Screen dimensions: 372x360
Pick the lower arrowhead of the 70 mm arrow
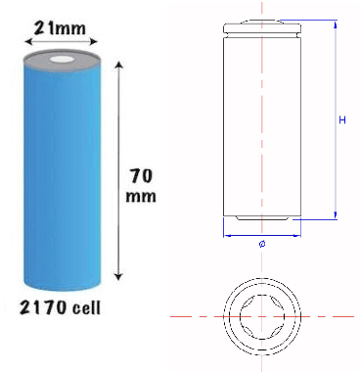point(118,275)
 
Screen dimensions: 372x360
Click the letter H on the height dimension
point(343,119)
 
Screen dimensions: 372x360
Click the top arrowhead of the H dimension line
point(336,24)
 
